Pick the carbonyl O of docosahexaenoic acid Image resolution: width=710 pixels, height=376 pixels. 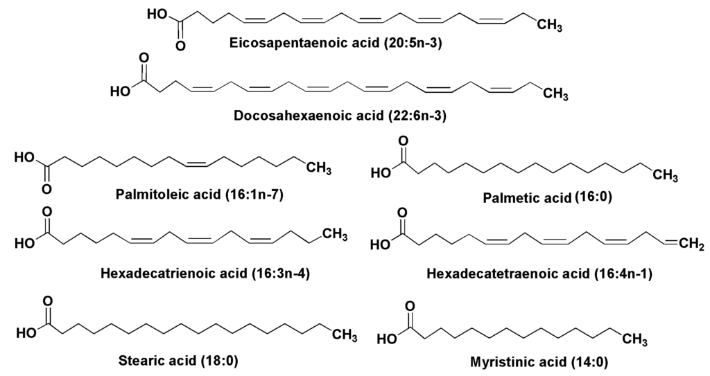coord(144,58)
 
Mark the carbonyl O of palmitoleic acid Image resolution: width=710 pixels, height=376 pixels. coord(46,188)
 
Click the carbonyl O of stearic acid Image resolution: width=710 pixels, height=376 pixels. coord(46,303)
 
